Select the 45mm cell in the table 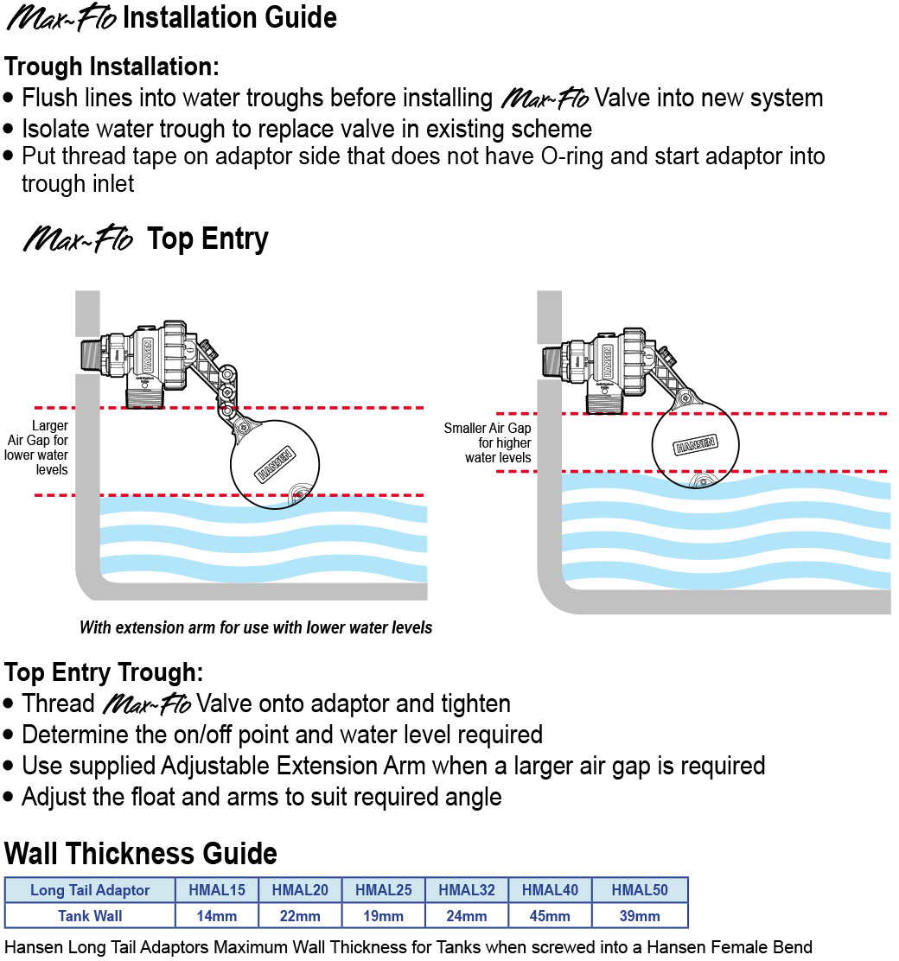tap(550, 916)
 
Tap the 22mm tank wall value tap(301, 916)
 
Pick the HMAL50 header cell tap(640, 890)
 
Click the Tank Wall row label tap(90, 916)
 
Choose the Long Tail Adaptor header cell tap(90, 890)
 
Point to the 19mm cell tap(383, 916)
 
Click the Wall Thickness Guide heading tap(141, 854)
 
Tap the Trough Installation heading tap(112, 67)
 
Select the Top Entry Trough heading tap(105, 671)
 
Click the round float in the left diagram tap(275, 463)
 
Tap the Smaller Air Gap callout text tap(488, 442)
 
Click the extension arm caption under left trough tap(256, 628)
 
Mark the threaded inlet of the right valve tap(553, 360)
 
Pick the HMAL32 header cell tap(466, 890)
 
